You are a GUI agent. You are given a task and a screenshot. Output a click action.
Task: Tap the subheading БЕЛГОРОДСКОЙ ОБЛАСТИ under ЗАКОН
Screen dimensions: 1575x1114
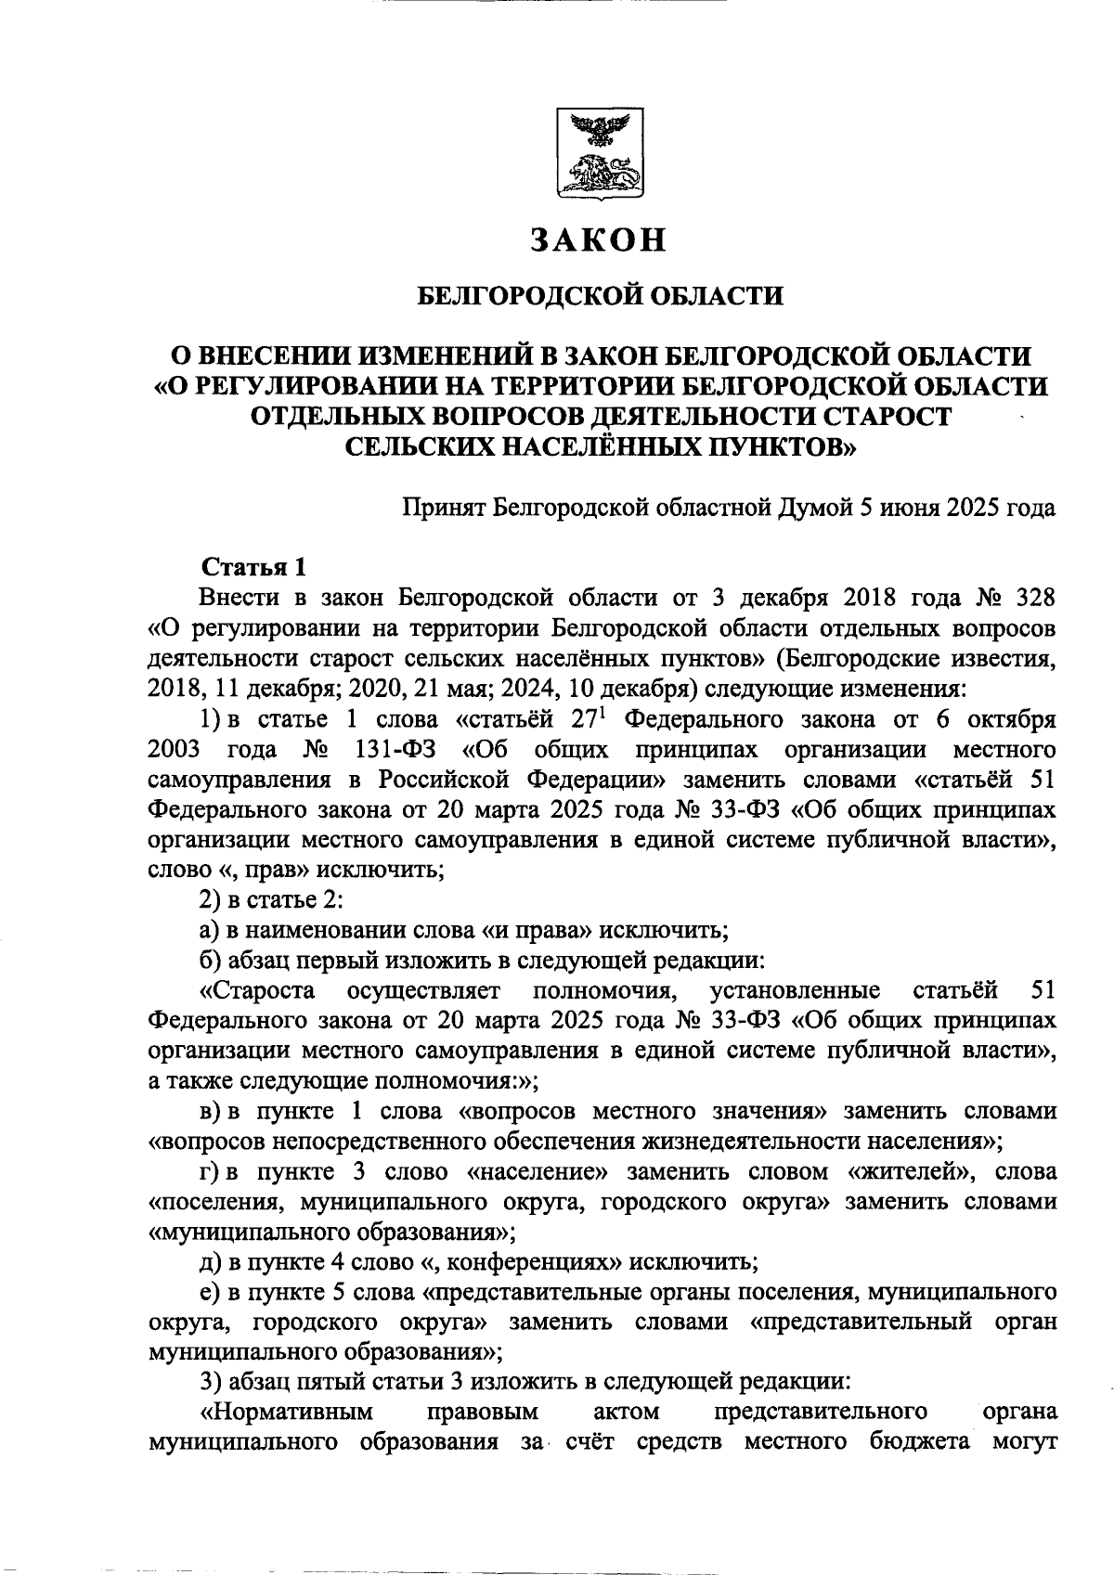click(x=599, y=296)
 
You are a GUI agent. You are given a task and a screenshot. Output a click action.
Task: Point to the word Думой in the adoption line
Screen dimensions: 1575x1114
click(x=818, y=508)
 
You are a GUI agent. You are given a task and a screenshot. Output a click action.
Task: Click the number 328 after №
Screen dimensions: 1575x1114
click(x=1030, y=597)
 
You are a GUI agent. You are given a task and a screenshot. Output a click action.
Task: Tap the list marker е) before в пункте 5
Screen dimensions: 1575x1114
click(x=209, y=1292)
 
